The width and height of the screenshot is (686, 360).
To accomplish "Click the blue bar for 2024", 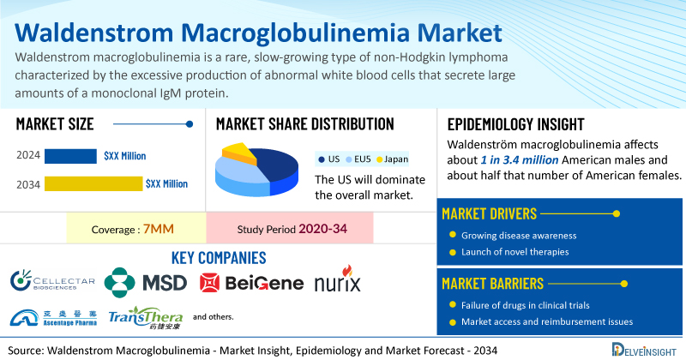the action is click(x=70, y=156).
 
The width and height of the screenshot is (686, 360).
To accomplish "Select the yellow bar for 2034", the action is click(x=93, y=183).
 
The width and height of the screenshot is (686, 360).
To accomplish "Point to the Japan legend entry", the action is click(x=393, y=159).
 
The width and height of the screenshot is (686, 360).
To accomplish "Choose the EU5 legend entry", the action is click(x=358, y=159).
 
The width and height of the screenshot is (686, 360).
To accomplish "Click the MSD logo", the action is click(x=146, y=283).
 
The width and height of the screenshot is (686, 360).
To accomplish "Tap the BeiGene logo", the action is click(x=251, y=283).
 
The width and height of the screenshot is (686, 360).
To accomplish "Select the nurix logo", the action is click(x=338, y=279).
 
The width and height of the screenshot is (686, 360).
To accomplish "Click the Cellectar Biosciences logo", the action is click(x=53, y=281).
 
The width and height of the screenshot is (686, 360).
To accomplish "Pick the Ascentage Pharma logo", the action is click(x=53, y=318).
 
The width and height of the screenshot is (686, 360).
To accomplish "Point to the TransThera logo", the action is click(x=145, y=317).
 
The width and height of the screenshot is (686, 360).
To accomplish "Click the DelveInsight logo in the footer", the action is click(x=644, y=350).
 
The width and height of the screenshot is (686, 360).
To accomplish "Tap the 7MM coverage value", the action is click(x=159, y=229).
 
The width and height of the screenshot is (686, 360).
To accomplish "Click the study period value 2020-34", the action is click(x=323, y=229).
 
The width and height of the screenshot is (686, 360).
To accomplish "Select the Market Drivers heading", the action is click(x=489, y=214).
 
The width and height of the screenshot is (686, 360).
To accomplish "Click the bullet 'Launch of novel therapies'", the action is click(x=515, y=252).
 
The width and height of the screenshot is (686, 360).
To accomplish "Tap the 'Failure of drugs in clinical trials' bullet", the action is click(x=526, y=305).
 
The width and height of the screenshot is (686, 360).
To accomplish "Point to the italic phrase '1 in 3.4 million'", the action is click(x=520, y=160).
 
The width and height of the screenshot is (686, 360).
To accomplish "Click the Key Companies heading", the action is click(x=219, y=258).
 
